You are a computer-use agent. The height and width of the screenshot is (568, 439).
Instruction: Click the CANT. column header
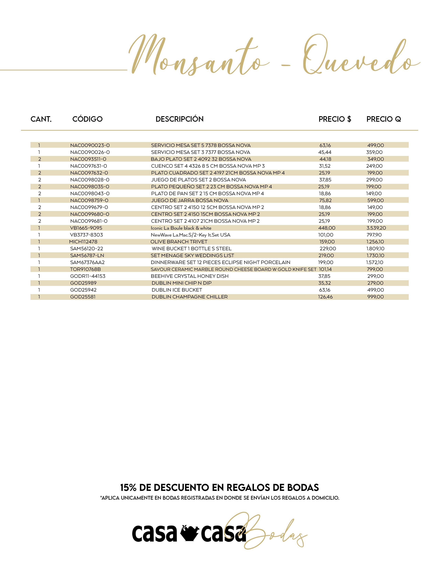tap(41, 119)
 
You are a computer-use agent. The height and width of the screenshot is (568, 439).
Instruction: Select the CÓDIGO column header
tap(87, 119)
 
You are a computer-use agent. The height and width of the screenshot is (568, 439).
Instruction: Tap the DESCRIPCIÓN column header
tap(179, 119)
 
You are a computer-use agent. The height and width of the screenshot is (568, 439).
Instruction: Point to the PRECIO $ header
tap(335, 119)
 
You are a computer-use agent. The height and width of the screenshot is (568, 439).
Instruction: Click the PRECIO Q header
tap(384, 119)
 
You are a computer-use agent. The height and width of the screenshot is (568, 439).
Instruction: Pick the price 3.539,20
tap(376, 228)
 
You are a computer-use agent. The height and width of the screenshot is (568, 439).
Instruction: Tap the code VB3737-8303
tap(86, 235)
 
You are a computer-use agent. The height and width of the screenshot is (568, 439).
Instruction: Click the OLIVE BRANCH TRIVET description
tap(179, 242)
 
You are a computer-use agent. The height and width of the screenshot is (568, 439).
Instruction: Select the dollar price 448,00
tap(327, 228)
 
